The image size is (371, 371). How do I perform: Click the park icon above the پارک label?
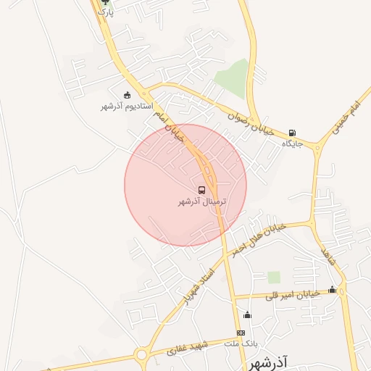tap(105, 2)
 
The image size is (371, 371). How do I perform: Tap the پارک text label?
tap(106, 13)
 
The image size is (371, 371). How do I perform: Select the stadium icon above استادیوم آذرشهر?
tap(128, 95)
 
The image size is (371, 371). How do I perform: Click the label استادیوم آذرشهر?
tap(127, 107)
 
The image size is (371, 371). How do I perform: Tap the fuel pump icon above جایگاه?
tap(292, 133)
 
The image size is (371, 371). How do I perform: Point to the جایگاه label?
tap(292, 144)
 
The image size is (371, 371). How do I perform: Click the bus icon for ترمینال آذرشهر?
tap(201, 191)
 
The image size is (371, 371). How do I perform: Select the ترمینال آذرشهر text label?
tap(202, 202)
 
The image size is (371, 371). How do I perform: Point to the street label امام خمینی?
tap(344, 118)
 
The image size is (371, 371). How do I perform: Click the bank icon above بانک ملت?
tap(241, 333)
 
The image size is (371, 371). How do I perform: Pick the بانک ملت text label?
tap(241, 343)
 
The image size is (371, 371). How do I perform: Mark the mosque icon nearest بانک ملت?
tap(247, 314)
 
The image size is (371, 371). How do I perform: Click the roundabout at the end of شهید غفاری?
tap(142, 354)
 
